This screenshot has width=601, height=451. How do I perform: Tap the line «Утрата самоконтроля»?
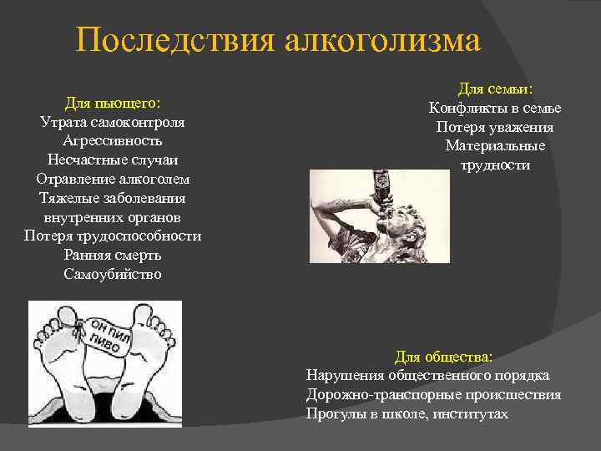pyautogui.click(x=113, y=122)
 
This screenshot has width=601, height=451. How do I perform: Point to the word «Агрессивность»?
pyautogui.click(x=113, y=141)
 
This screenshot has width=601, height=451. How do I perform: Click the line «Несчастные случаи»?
pyautogui.click(x=113, y=160)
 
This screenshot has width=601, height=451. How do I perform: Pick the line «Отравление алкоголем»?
pyautogui.click(x=113, y=179)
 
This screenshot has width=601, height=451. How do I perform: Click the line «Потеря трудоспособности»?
pyautogui.click(x=113, y=236)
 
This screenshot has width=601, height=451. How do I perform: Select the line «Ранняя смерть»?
pyautogui.click(x=113, y=255)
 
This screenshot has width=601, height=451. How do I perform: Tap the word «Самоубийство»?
pyautogui.click(x=113, y=274)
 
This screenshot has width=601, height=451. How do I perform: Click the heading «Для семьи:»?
pyautogui.click(x=495, y=89)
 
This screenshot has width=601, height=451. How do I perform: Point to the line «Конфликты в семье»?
pyautogui.click(x=495, y=108)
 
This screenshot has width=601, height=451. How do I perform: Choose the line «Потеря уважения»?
pyautogui.click(x=495, y=127)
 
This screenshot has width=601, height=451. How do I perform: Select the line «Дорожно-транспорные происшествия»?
pyautogui.click(x=433, y=394)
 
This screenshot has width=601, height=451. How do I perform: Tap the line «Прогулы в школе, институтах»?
pyautogui.click(x=407, y=413)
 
